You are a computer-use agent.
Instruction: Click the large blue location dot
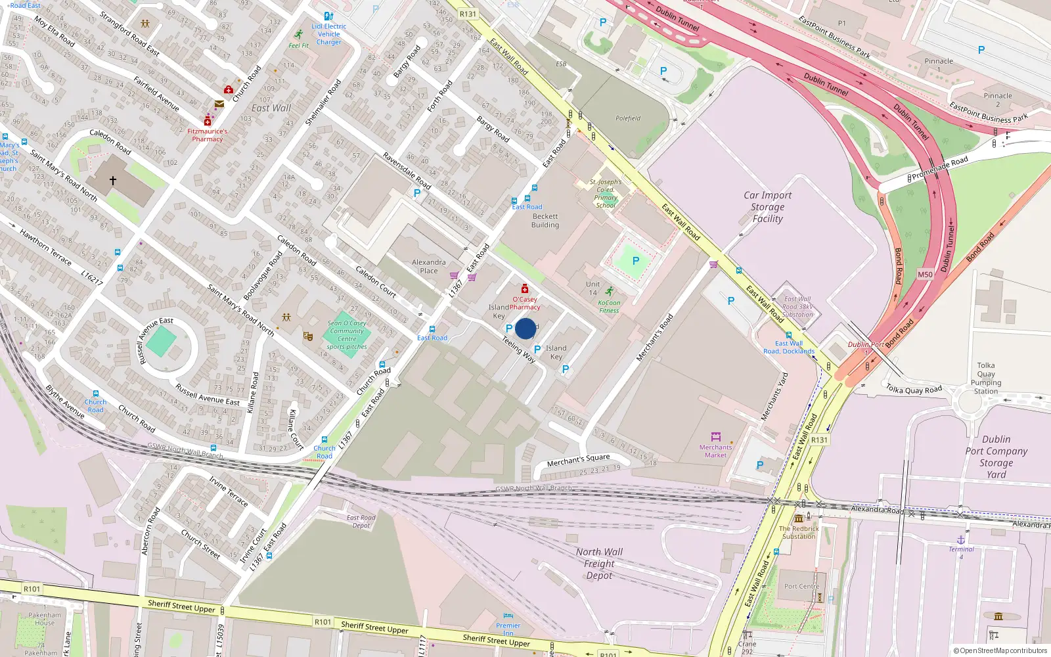[525, 328]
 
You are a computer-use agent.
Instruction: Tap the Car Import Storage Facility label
[767, 207]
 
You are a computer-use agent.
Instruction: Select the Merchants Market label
[715, 451]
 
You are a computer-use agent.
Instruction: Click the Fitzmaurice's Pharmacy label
[207, 135]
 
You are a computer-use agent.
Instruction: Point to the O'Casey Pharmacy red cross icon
[524, 288]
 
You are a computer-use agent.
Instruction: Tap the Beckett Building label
[545, 221]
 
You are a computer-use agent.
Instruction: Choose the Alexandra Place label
[428, 266]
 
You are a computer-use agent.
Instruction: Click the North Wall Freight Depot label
[599, 564]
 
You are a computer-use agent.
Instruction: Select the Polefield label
[628, 118]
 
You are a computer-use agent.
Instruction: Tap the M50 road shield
[925, 275]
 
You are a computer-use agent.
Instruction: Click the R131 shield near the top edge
[468, 14]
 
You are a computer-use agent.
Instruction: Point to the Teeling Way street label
[519, 350]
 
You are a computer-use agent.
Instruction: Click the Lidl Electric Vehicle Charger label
[328, 34]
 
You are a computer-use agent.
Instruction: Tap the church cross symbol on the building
[113, 180]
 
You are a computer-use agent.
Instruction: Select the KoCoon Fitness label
[609, 307]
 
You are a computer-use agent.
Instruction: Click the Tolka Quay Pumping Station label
[986, 378]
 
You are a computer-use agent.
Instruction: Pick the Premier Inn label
[508, 629]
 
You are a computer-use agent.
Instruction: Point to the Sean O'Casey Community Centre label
[347, 334]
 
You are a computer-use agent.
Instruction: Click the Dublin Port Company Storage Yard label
[996, 457]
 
